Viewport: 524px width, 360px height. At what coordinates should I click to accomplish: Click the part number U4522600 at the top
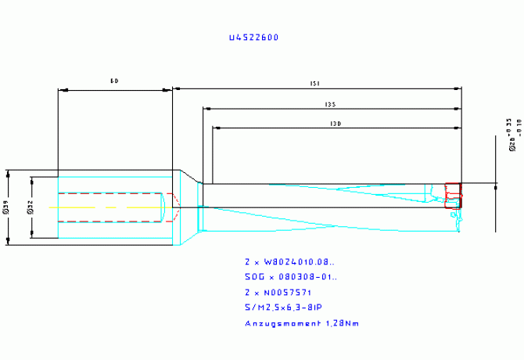coord(253,37)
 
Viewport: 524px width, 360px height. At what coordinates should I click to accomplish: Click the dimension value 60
coord(114,81)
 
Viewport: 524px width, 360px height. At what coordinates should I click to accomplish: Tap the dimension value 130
coord(336,123)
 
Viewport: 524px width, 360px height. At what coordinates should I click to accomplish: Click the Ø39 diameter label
coord(6,207)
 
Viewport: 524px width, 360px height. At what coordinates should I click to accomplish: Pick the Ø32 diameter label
coord(29,207)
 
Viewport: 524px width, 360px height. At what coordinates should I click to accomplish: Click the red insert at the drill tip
coord(452,193)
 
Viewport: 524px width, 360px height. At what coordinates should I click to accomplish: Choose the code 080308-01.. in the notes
coord(309,277)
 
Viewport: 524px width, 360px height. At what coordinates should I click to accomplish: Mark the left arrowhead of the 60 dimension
coord(62,89)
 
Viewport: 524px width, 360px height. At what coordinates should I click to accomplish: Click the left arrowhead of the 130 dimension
coord(216,128)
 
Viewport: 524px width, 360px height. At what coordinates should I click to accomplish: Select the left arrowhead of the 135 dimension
coord(206,109)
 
